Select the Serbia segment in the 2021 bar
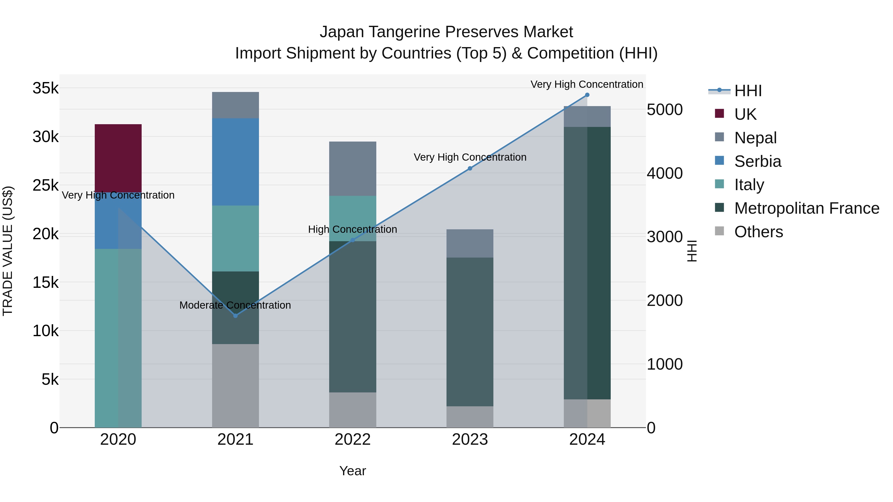(235, 162)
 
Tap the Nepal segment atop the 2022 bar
(352, 169)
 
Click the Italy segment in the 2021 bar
(235, 238)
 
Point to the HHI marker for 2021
(235, 316)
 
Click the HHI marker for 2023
(470, 168)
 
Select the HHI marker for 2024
(587, 95)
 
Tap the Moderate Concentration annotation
(235, 305)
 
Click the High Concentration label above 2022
(352, 229)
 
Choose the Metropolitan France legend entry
(807, 208)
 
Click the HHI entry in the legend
(748, 91)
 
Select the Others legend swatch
(719, 231)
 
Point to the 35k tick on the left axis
(45, 88)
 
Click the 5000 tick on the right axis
(664, 110)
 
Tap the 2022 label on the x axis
(352, 440)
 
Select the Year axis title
(352, 471)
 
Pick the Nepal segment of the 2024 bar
(587, 117)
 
